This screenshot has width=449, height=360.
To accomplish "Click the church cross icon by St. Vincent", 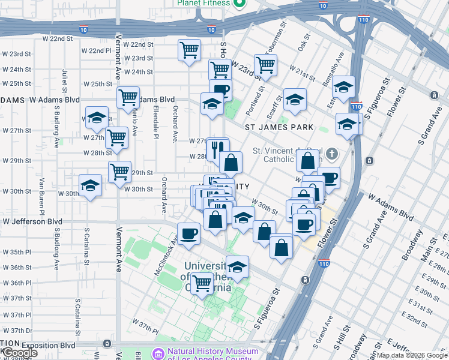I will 330,154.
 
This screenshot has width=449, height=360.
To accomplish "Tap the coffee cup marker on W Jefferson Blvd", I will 188,233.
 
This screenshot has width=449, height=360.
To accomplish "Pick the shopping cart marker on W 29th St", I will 120,172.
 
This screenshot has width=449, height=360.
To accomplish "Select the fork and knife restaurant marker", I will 217,147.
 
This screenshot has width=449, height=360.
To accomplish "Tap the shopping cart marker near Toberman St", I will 265,65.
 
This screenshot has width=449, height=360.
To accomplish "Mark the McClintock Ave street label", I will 166,257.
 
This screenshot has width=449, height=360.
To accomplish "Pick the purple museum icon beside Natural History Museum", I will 158,354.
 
